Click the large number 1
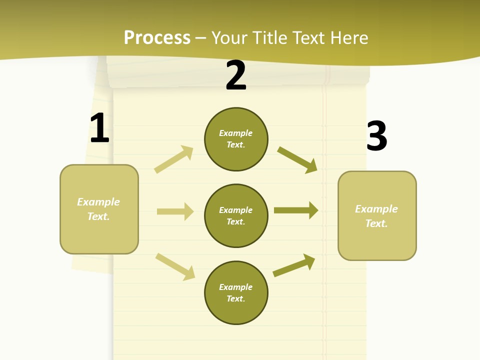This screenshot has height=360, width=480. click(x=99, y=128)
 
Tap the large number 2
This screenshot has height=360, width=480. click(x=236, y=76)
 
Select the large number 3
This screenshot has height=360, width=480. click(x=376, y=136)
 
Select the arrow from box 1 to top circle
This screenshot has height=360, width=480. click(x=174, y=159)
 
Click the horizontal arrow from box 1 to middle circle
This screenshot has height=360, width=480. click(x=175, y=211)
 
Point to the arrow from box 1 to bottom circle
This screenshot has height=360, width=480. click(x=175, y=266)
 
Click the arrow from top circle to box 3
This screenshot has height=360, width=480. click(x=297, y=160)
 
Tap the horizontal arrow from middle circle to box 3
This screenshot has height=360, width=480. click(x=296, y=210)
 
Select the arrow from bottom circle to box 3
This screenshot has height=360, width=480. click(x=294, y=265)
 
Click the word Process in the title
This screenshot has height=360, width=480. click(x=157, y=37)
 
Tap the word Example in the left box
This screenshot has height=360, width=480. click(x=98, y=202)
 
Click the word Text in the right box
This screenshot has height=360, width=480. click(x=376, y=223)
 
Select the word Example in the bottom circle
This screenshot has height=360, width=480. click(x=236, y=287)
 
